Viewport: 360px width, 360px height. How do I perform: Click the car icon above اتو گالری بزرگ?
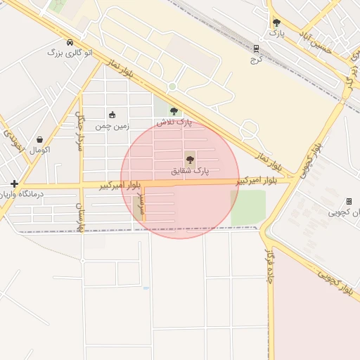[69, 42]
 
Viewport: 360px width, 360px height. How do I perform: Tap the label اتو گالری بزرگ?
[65, 52]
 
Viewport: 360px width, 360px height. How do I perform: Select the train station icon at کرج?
[257, 49]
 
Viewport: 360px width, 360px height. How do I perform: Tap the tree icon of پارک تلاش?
[174, 111]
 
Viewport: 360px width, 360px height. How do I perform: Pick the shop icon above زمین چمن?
[112, 115]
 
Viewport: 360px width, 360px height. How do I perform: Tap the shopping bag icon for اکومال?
[39, 139]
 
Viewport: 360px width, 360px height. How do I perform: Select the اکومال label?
[39, 149]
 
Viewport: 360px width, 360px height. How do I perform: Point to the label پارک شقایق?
[190, 170]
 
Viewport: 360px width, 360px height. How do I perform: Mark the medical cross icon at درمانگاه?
[14, 184]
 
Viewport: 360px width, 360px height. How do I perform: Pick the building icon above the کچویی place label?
[349, 201]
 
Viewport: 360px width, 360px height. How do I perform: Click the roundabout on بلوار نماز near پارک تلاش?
[172, 86]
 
